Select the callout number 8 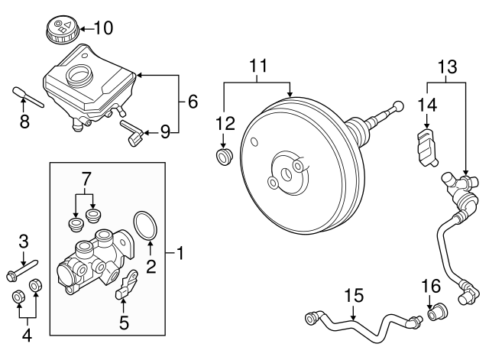(x=24, y=121)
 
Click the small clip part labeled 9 (x=134, y=138)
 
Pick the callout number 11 (x=260, y=66)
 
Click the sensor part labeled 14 (x=426, y=147)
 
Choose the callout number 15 (x=352, y=294)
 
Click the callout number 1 (x=180, y=251)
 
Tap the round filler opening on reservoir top (x=79, y=75)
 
